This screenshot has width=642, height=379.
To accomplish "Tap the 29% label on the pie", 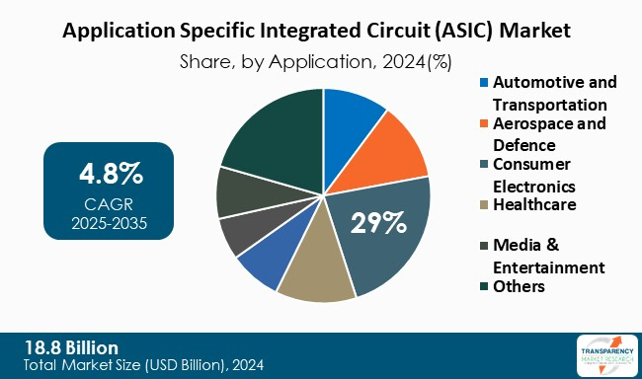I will click(x=379, y=221).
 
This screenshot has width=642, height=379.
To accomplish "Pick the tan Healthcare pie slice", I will click(x=316, y=272).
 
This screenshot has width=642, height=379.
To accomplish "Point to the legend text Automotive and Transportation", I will click(x=554, y=93).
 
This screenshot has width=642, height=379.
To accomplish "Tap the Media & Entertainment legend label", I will click(x=548, y=256).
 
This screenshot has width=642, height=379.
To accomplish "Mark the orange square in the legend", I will click(x=483, y=124).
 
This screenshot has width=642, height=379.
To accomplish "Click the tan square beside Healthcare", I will click(x=483, y=205).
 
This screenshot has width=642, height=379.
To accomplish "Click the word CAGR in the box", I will click(x=110, y=202).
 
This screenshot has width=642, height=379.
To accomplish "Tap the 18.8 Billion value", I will click(x=68, y=347).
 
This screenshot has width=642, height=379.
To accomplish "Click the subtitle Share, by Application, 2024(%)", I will click(x=316, y=61).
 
